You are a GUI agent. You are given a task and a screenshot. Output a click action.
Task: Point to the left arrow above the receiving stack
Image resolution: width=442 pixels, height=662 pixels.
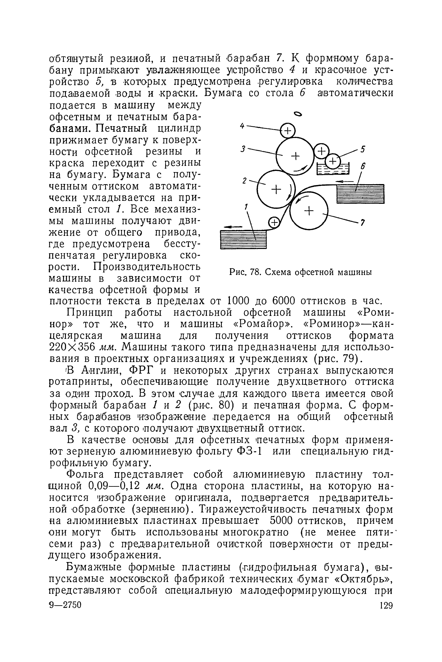tap(233, 227)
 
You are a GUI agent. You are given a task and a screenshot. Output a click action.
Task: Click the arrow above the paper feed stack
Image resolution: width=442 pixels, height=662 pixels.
tap(344, 181)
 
